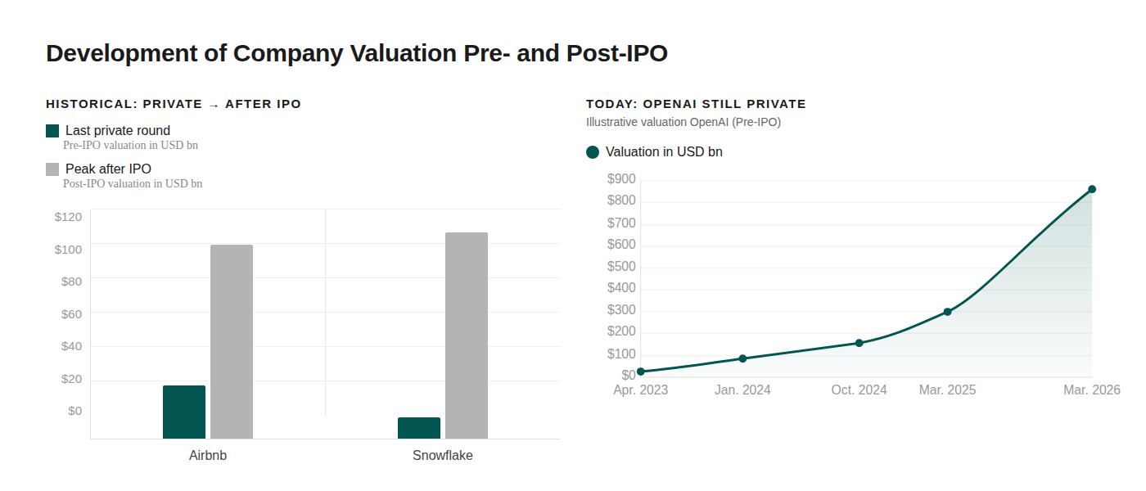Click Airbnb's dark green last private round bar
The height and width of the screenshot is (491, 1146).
point(184,412)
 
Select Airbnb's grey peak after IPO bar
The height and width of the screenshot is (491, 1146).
point(232,341)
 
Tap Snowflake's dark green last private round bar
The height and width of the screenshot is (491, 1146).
point(419,428)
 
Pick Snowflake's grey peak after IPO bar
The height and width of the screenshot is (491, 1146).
point(467,336)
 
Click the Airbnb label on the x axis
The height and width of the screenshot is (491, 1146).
point(208,456)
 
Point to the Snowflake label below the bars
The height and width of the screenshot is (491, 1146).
point(443,456)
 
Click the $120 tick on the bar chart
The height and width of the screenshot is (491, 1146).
point(68,217)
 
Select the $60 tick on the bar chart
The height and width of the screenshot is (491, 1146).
point(71,313)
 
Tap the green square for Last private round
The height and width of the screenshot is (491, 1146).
point(52,131)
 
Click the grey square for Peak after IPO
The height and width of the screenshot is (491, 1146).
point(52,169)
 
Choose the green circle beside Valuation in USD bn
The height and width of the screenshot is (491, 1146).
point(593,152)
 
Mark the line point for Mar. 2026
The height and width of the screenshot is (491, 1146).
point(1092,189)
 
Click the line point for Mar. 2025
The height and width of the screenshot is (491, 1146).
point(947,312)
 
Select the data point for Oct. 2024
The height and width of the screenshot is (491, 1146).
point(859,343)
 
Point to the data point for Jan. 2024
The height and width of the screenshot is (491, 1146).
point(742,358)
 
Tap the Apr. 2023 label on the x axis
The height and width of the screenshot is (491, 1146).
point(640,390)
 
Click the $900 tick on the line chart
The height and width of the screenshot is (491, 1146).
point(621,179)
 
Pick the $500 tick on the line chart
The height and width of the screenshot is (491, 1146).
point(621,267)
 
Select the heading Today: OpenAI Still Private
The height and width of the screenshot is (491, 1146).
point(696,104)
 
